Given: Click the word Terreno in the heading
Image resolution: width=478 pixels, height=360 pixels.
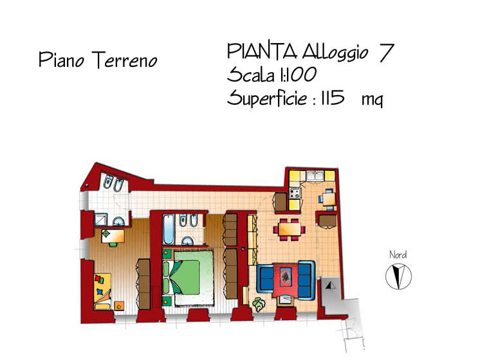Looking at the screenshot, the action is pos(124,60).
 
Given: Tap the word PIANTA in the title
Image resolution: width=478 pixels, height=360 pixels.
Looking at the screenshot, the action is pos(262,51).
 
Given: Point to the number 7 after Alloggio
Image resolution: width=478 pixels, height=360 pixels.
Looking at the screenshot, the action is pos(386,53).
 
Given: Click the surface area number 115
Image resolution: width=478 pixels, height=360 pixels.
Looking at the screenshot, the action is pos(332,98).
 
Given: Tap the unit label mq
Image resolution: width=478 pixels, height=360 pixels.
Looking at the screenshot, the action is pos(372,99).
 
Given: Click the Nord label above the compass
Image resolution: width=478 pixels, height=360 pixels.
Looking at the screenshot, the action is pos(398,255).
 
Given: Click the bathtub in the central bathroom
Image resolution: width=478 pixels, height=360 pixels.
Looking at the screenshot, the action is pos(169,230).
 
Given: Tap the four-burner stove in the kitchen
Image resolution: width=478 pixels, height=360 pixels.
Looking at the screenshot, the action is pos(295,194).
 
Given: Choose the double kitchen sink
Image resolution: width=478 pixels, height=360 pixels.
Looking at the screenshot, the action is pos(315,175).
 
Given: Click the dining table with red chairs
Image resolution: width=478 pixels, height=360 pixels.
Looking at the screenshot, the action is pos(290,230).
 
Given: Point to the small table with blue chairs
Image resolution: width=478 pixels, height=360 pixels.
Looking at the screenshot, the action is pos(328,199).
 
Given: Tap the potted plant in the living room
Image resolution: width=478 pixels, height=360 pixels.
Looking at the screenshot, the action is pos(259,304).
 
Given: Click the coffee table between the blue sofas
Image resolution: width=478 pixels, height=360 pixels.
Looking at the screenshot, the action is pos(286,278).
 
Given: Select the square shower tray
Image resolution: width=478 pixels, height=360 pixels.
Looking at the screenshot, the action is pos(100,219).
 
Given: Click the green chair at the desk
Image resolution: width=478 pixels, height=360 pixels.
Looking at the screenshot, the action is pos(113,244).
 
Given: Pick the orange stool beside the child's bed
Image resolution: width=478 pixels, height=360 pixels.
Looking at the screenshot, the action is pos(119,305).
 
